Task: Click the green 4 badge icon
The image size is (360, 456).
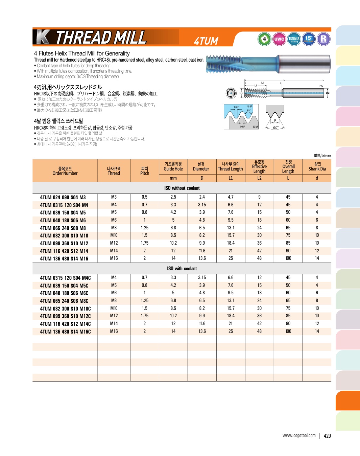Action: tap(264, 39)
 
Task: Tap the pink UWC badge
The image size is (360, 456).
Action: tap(279, 39)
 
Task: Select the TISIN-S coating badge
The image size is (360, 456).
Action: tap(294, 39)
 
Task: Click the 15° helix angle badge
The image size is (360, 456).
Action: tap(309, 39)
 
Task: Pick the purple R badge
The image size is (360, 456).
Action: tap(323, 39)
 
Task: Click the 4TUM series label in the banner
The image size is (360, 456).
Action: tap(206, 41)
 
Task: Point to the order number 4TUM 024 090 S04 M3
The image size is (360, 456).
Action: tap(63, 197)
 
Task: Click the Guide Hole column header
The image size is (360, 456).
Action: tap(173, 167)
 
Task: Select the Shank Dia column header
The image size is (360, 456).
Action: tap(317, 167)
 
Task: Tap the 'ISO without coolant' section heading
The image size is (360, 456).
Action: tap(182, 188)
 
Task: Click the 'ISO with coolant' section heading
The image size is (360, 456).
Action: tap(182, 269)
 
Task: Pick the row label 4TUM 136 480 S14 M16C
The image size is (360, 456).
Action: tap(65, 332)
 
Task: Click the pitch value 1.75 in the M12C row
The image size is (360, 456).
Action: tap(145, 316)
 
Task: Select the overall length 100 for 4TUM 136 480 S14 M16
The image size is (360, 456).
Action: tap(288, 258)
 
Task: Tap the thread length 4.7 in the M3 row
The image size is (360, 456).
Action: tap(231, 197)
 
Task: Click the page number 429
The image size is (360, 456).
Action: tap(327, 436)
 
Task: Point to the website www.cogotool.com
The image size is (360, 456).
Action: tap(299, 435)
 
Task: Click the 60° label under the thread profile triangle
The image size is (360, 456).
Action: tap(275, 128)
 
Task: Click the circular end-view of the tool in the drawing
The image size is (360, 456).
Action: tap(231, 93)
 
